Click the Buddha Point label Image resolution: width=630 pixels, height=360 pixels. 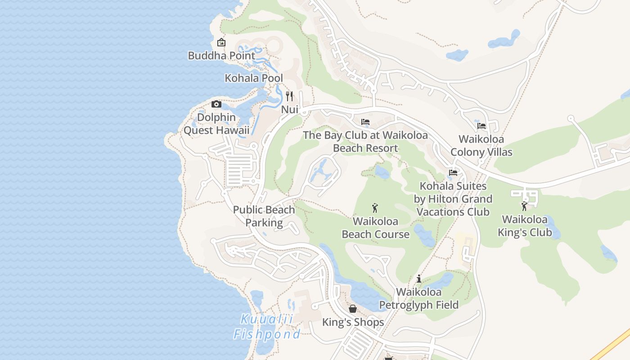(x=221, y=56)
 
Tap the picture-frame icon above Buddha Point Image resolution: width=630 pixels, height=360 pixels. (x=221, y=43)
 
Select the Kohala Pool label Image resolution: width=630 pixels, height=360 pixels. (x=254, y=78)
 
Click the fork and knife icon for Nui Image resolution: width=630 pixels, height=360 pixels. (x=289, y=96)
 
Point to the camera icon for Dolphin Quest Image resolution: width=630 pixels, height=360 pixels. (x=216, y=104)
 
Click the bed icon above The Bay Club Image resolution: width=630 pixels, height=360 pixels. (x=365, y=122)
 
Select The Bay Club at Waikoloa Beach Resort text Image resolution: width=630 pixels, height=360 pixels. (x=365, y=142)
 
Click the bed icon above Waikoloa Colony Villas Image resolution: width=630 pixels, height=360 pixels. (x=481, y=126)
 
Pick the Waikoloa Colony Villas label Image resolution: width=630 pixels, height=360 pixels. (x=481, y=146)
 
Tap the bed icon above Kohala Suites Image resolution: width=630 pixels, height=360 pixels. (x=453, y=173)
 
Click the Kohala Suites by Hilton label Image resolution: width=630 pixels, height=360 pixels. (x=453, y=199)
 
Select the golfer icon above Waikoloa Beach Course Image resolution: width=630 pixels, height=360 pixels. (x=375, y=208)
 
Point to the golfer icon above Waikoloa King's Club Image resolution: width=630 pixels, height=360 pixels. (x=524, y=207)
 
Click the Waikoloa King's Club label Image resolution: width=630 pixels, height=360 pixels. (x=525, y=226)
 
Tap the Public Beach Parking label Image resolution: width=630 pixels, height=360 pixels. (x=264, y=216)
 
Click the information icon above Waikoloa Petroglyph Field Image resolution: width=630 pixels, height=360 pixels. (x=419, y=279)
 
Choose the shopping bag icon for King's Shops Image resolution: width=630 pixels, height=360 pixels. (x=353, y=309)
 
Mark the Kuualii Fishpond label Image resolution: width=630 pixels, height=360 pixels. (x=267, y=327)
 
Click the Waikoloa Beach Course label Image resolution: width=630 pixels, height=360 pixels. (x=375, y=228)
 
